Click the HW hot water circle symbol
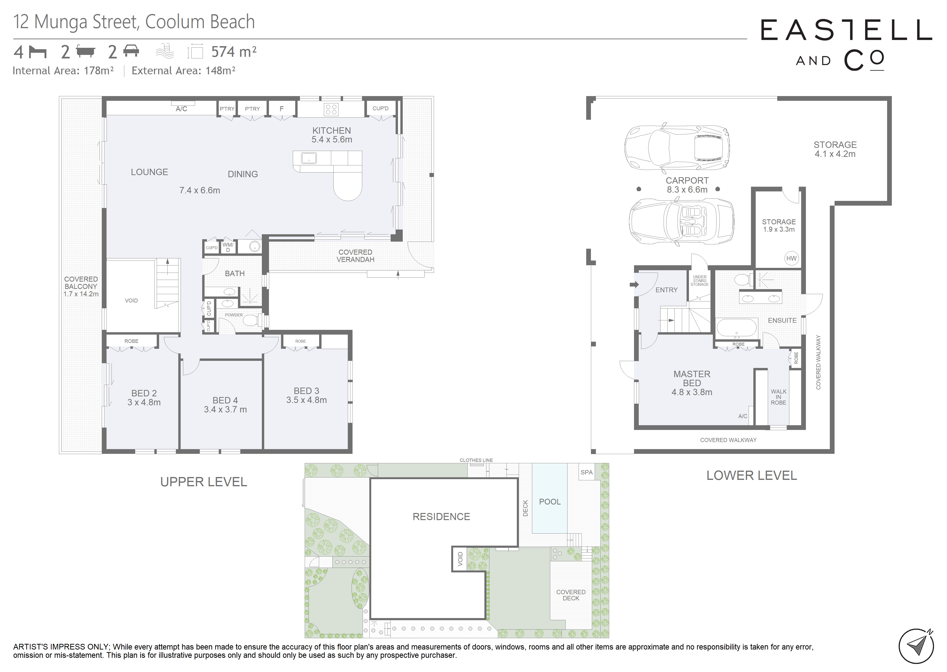point(791,258)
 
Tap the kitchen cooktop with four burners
point(331,109)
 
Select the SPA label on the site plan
point(586,472)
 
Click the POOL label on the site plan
point(550,502)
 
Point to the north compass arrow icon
point(916,646)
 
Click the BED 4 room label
point(225,405)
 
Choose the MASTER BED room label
point(692,383)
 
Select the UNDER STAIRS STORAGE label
point(700,281)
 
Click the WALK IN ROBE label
point(778,397)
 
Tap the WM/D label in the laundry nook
point(228,247)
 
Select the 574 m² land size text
point(234,52)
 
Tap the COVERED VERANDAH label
point(356,256)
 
